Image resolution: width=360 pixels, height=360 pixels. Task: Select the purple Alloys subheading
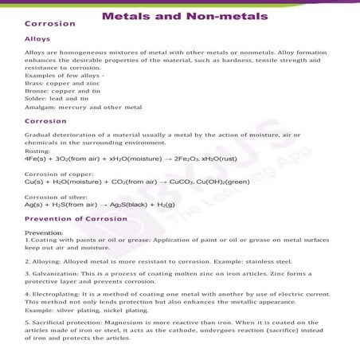click(38, 38)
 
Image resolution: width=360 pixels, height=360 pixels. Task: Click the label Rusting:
click(38, 151)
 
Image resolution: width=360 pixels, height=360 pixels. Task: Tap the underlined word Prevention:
click(44, 232)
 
